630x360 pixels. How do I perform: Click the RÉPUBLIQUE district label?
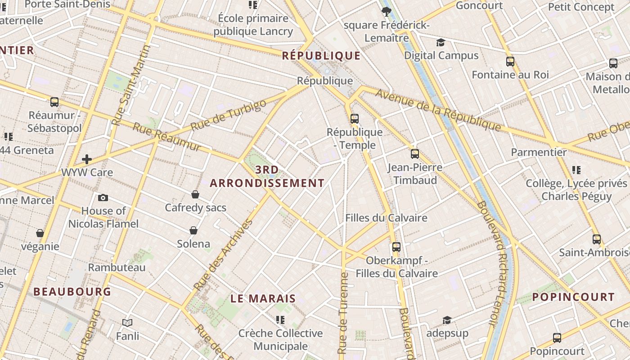321,56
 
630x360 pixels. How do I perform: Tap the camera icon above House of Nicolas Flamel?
103,198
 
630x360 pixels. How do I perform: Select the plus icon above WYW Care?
87,159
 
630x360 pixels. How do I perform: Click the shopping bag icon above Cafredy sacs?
195,194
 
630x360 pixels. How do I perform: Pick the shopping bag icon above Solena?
193,230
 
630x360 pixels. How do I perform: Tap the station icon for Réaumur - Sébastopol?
54,102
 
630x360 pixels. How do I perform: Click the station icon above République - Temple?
355,119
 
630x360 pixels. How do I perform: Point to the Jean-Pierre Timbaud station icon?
415,154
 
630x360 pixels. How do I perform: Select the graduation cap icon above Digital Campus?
441,42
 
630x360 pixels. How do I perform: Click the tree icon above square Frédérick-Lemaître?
386,12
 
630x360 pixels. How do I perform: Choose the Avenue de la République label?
438,110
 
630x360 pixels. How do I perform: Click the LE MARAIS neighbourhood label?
263,298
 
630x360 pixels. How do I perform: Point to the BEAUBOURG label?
72,292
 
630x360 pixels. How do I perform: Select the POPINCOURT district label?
573,297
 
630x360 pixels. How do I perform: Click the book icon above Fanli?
127,323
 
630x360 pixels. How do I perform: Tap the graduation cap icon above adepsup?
447,320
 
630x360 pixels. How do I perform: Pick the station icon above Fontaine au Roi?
510,62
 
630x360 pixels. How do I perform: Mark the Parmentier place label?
539,152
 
